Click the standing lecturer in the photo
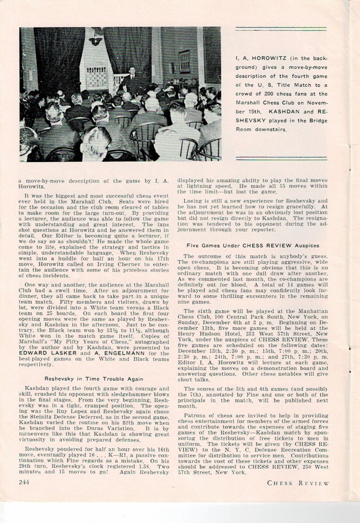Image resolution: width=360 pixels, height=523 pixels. click(132, 78)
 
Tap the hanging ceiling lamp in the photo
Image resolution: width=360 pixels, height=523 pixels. click(95, 39)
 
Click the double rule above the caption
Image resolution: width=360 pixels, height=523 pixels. click(281, 29)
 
